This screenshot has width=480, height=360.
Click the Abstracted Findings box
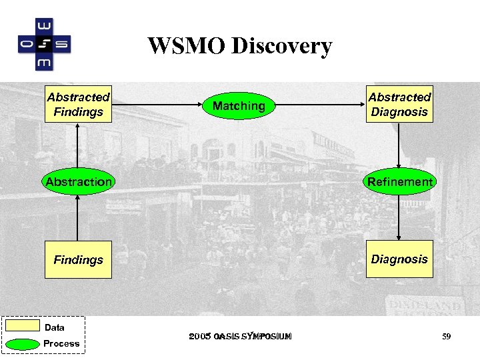click(x=78, y=105)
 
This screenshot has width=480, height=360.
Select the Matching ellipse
click(x=239, y=105)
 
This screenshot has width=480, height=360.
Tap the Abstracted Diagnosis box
click(x=399, y=105)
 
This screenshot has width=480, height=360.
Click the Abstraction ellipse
click(x=78, y=181)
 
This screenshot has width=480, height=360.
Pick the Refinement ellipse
click(x=399, y=181)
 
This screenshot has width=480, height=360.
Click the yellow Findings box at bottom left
click(x=78, y=259)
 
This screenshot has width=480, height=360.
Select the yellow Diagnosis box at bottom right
click(x=399, y=259)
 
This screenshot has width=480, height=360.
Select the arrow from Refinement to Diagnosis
click(x=399, y=217)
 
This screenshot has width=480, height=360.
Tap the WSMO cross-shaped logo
click(x=44, y=44)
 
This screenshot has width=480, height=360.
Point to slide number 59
click(x=446, y=337)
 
